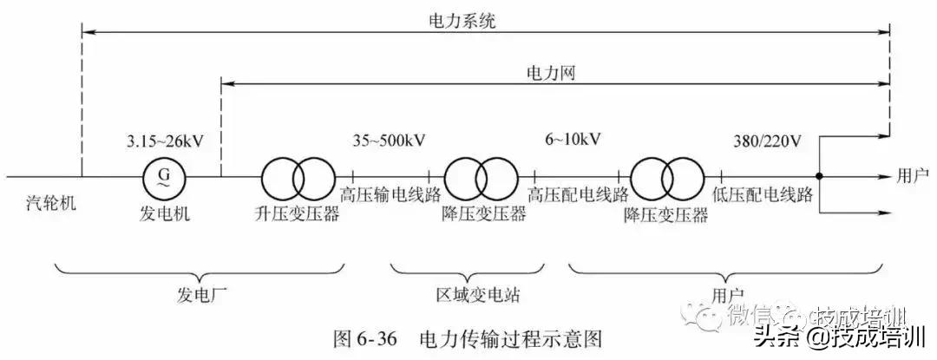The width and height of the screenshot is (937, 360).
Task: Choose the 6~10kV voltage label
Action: (x=574, y=139)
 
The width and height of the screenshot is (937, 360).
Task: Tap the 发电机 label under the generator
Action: (x=161, y=213)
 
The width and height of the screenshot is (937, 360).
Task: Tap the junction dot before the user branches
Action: (x=819, y=177)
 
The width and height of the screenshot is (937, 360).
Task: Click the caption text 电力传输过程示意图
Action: (x=510, y=337)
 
